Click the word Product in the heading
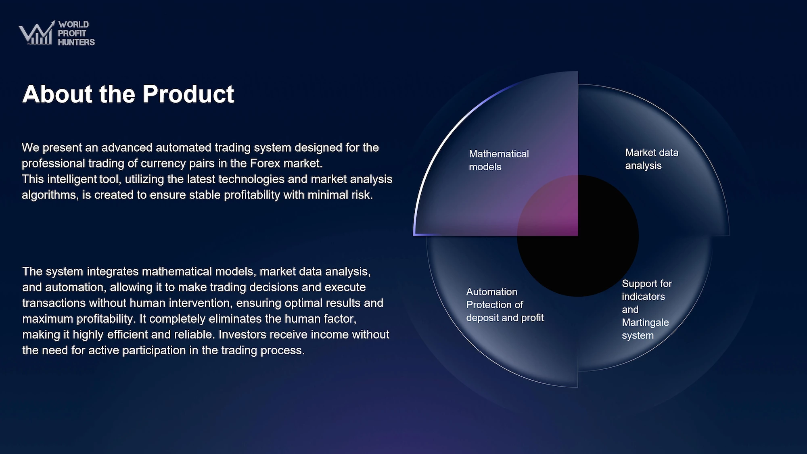[188, 94]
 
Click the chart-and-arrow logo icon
[37, 33]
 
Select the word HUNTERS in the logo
[76, 42]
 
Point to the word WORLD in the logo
[73, 25]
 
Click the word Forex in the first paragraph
[265, 163]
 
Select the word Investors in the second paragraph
[243, 335]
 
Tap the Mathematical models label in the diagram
[499, 160]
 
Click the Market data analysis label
[652, 159]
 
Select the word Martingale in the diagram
[645, 323]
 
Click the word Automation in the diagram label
[491, 292]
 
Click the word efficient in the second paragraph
[135, 335]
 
